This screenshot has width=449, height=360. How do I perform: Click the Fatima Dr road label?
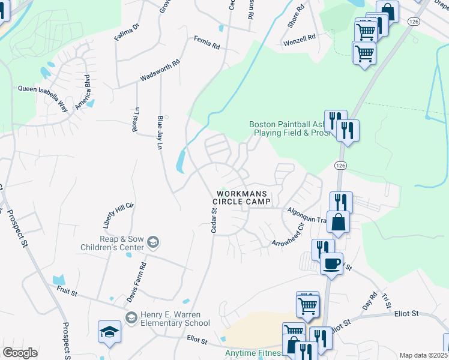[x=127, y=32]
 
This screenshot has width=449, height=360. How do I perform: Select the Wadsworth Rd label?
[x=160, y=70]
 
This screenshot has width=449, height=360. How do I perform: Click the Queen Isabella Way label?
[x=43, y=89]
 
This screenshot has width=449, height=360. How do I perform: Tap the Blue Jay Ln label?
[x=160, y=133]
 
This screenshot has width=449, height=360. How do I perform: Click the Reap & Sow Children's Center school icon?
[x=154, y=242]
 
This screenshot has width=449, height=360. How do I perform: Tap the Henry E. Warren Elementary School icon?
[x=130, y=317]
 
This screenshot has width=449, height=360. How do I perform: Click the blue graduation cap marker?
[x=110, y=333]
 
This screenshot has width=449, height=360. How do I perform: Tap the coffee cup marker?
[x=331, y=263]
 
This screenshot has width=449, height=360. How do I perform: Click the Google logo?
[x=20, y=353]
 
